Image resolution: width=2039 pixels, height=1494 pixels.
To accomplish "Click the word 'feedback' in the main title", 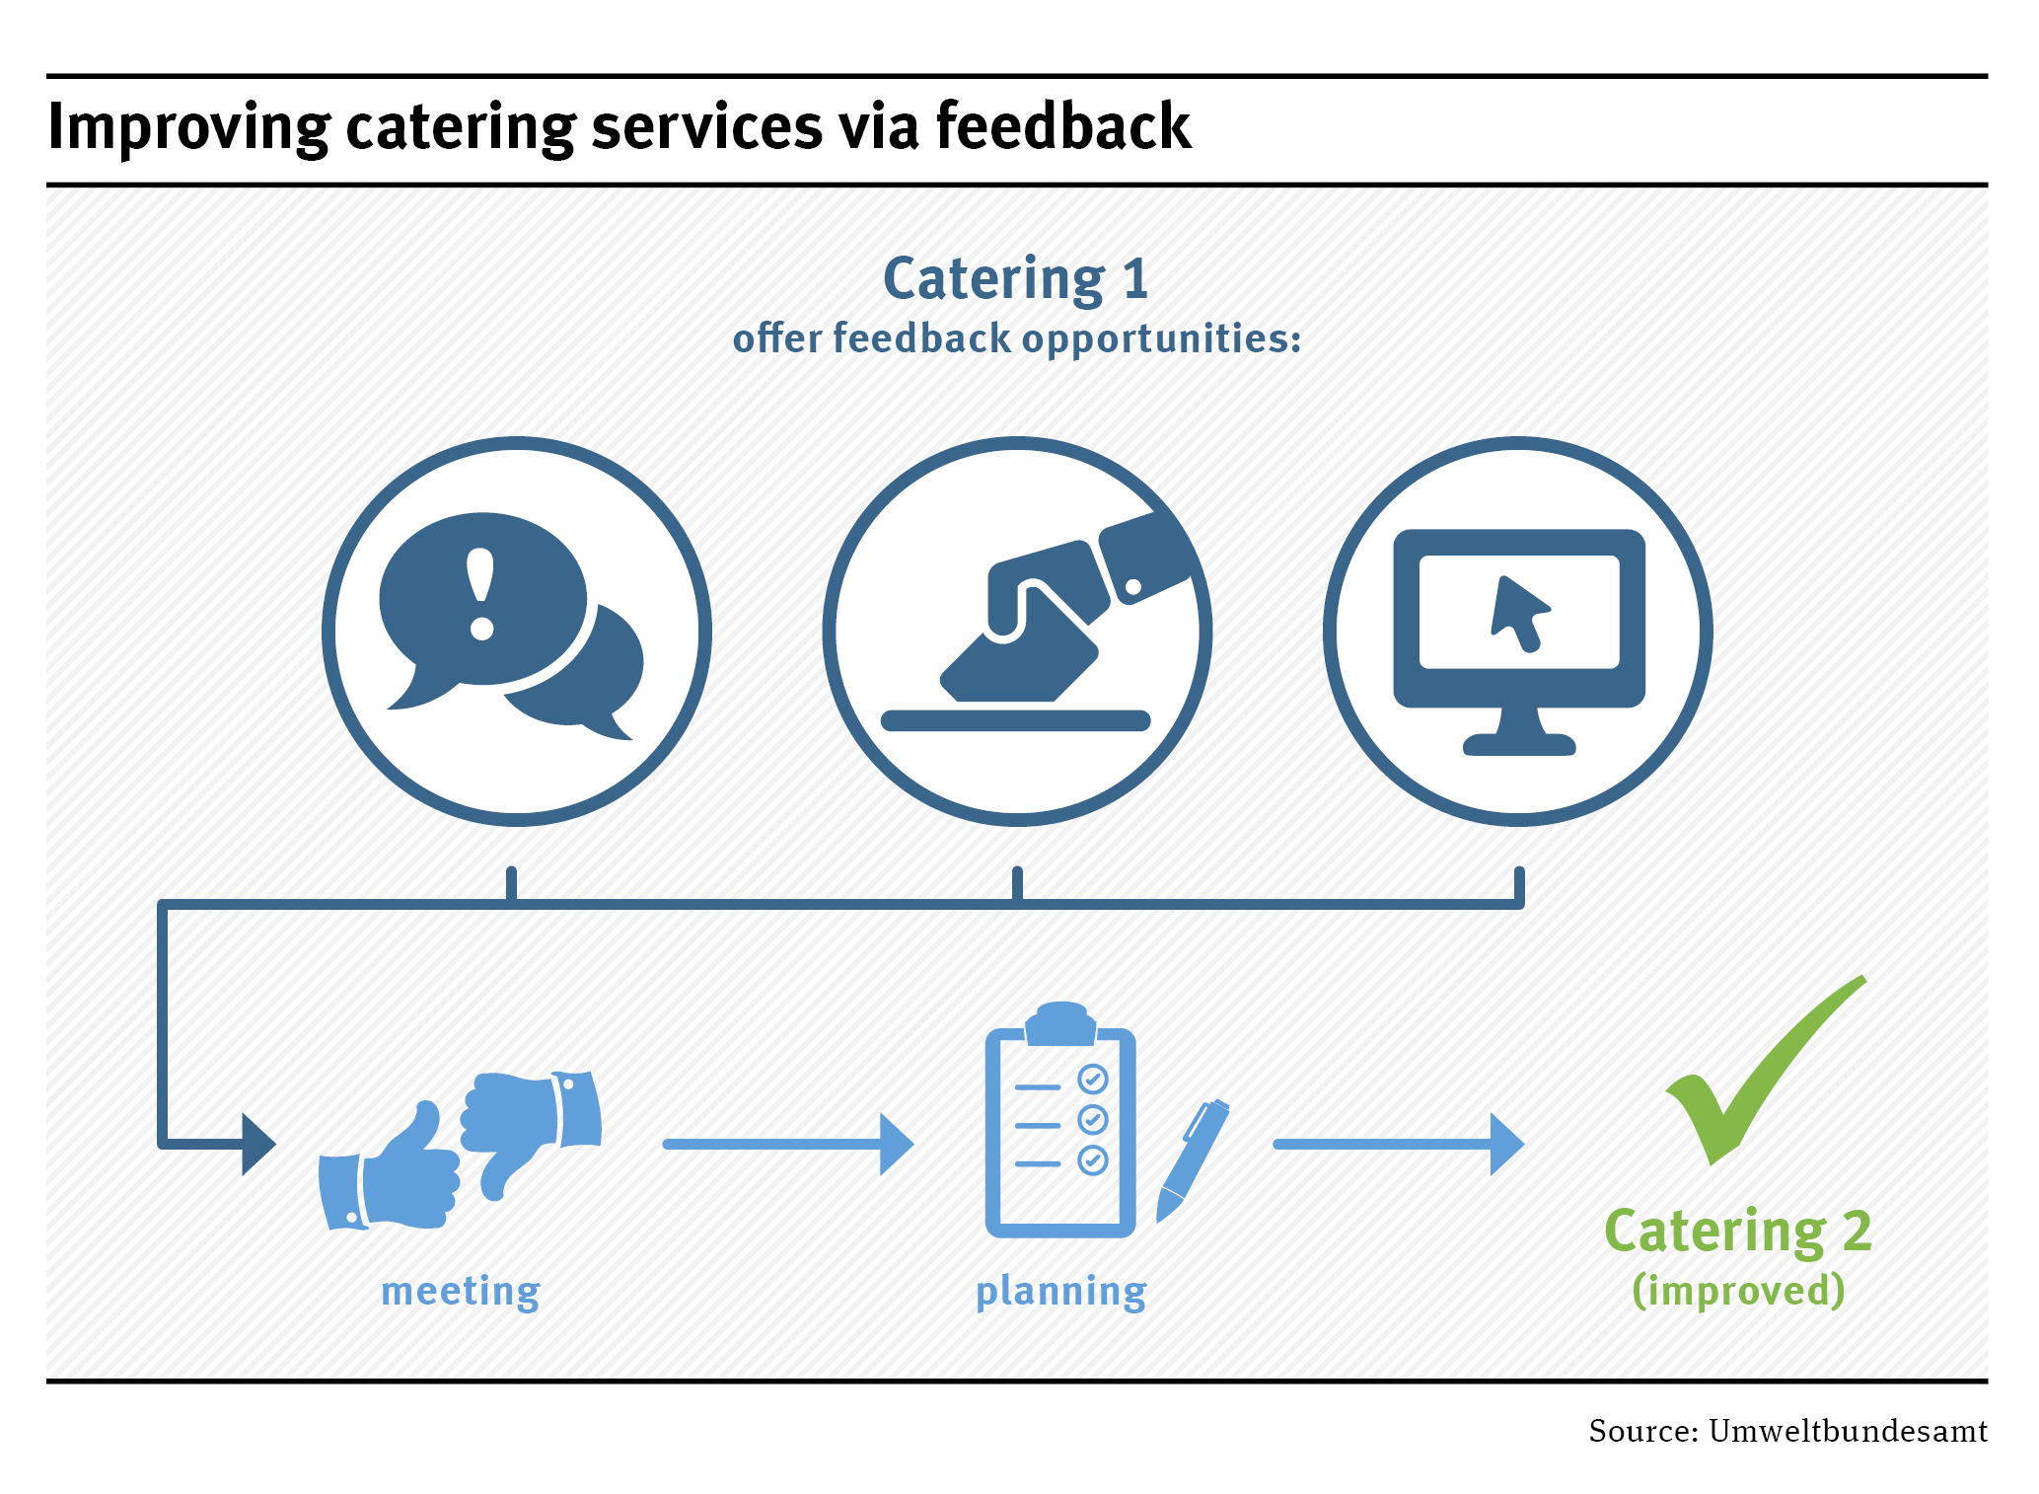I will pyautogui.click(x=1062, y=126).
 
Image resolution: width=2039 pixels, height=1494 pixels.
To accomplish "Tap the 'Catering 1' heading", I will pyautogui.click(x=1015, y=278).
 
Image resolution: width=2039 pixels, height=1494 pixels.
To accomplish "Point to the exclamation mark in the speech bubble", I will pyautogui.click(x=480, y=593).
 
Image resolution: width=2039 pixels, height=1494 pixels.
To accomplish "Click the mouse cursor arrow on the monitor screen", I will pyautogui.click(x=1517, y=613).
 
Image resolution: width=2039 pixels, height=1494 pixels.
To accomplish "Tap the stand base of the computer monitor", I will pyautogui.click(x=1518, y=744).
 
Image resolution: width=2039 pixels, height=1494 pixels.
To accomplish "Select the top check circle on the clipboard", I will pyautogui.click(x=1092, y=1079).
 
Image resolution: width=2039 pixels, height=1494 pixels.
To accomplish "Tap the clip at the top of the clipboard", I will pyautogui.click(x=1060, y=1023).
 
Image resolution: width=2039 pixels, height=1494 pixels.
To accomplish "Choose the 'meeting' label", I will pyautogui.click(x=461, y=1291).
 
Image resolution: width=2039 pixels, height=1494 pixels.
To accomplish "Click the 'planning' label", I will pyautogui.click(x=1060, y=1291).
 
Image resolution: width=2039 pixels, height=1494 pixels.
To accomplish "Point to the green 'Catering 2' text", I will pyautogui.click(x=1737, y=1232).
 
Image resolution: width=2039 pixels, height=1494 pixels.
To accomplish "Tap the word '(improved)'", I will pyautogui.click(x=1737, y=1290).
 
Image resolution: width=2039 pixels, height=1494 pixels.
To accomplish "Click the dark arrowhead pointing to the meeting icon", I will pyautogui.click(x=257, y=1144).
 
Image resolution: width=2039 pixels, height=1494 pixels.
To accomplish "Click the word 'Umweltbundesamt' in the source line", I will pyautogui.click(x=1847, y=1431).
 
